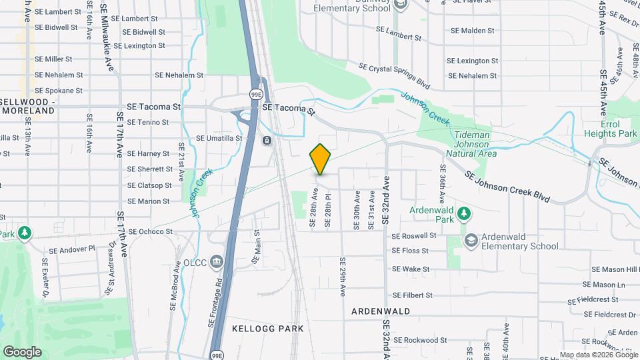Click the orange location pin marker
(x=321, y=159)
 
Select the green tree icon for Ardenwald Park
(x=465, y=214)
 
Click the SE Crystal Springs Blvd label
(x=394, y=76)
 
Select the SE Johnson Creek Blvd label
(x=507, y=187)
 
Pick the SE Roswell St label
(x=414, y=236)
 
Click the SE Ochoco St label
(x=150, y=232)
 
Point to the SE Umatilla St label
(x=219, y=138)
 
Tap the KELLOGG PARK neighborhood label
(x=267, y=329)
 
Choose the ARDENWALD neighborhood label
(x=381, y=311)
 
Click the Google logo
(x=22, y=351)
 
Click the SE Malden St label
(x=472, y=31)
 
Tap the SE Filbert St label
(x=413, y=295)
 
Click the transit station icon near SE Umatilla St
(x=266, y=141)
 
